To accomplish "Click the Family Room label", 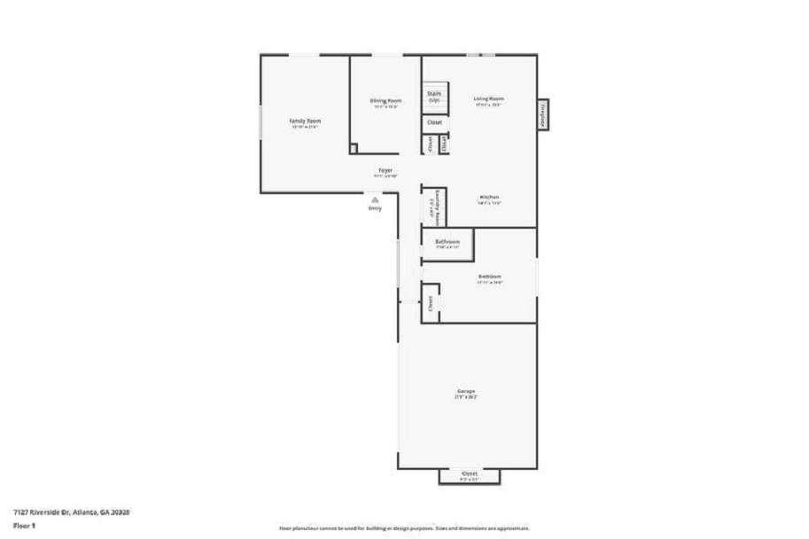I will pyautogui.click(x=305, y=121).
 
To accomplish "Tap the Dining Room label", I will pyautogui.click(x=385, y=101).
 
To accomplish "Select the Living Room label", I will pyautogui.click(x=488, y=98).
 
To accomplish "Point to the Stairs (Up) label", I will pyautogui.click(x=434, y=95).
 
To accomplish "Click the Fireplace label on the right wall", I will pyautogui.click(x=541, y=116).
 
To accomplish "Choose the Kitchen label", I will pyautogui.click(x=490, y=197).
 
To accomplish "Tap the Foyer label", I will pyautogui.click(x=385, y=170).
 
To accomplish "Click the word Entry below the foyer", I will pyautogui.click(x=375, y=208).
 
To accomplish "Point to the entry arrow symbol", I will pyautogui.click(x=375, y=200).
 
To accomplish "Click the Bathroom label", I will pyautogui.click(x=447, y=242).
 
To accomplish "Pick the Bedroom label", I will pyautogui.click(x=490, y=277).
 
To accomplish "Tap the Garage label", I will pyautogui.click(x=466, y=391).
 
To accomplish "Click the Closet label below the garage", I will pyautogui.click(x=470, y=474).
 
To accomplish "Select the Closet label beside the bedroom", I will pyautogui.click(x=431, y=303).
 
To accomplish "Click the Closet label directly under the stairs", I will pyautogui.click(x=434, y=122).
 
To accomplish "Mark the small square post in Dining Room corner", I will pyautogui.click(x=353, y=149).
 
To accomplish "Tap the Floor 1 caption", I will pyautogui.click(x=24, y=525).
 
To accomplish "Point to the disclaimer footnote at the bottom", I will pyautogui.click(x=405, y=527).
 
